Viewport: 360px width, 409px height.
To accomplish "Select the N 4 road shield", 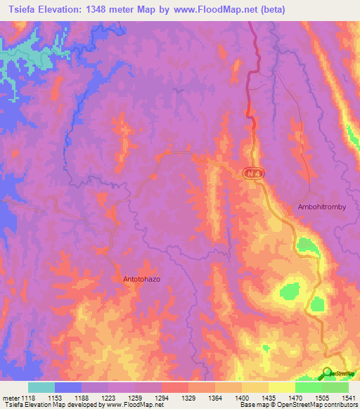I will click(x=253, y=173).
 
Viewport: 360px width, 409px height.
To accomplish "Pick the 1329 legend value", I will click(x=188, y=398).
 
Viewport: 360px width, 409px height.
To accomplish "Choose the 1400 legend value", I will click(x=241, y=398).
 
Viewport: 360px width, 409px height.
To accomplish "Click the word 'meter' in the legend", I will click(x=10, y=398).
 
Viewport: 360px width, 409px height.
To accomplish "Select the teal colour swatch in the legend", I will click(x=41, y=387).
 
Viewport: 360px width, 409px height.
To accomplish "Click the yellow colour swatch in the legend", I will click(x=281, y=387).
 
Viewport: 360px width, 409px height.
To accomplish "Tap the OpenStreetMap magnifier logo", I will click(x=327, y=373).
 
